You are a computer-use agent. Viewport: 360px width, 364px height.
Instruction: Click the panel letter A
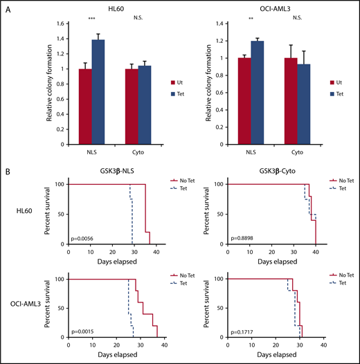click(9, 8)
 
